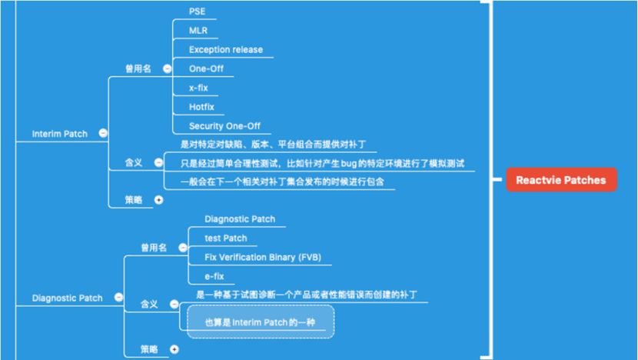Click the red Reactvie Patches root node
(561, 180)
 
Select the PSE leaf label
(198, 12)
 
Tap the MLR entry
(198, 31)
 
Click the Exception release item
(226, 49)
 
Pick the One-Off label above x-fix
(206, 68)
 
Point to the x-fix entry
(198, 88)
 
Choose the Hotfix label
(202, 107)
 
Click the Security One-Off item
(225, 125)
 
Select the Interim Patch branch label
(60, 133)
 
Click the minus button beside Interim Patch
(104, 133)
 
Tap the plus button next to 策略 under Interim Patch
(159, 199)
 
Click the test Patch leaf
(226, 238)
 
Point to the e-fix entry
(214, 275)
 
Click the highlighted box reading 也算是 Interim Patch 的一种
(261, 322)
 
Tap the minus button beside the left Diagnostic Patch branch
(118, 298)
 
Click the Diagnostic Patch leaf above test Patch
(240, 218)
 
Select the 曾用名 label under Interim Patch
(138, 68)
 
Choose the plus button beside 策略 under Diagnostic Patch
(174, 349)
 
